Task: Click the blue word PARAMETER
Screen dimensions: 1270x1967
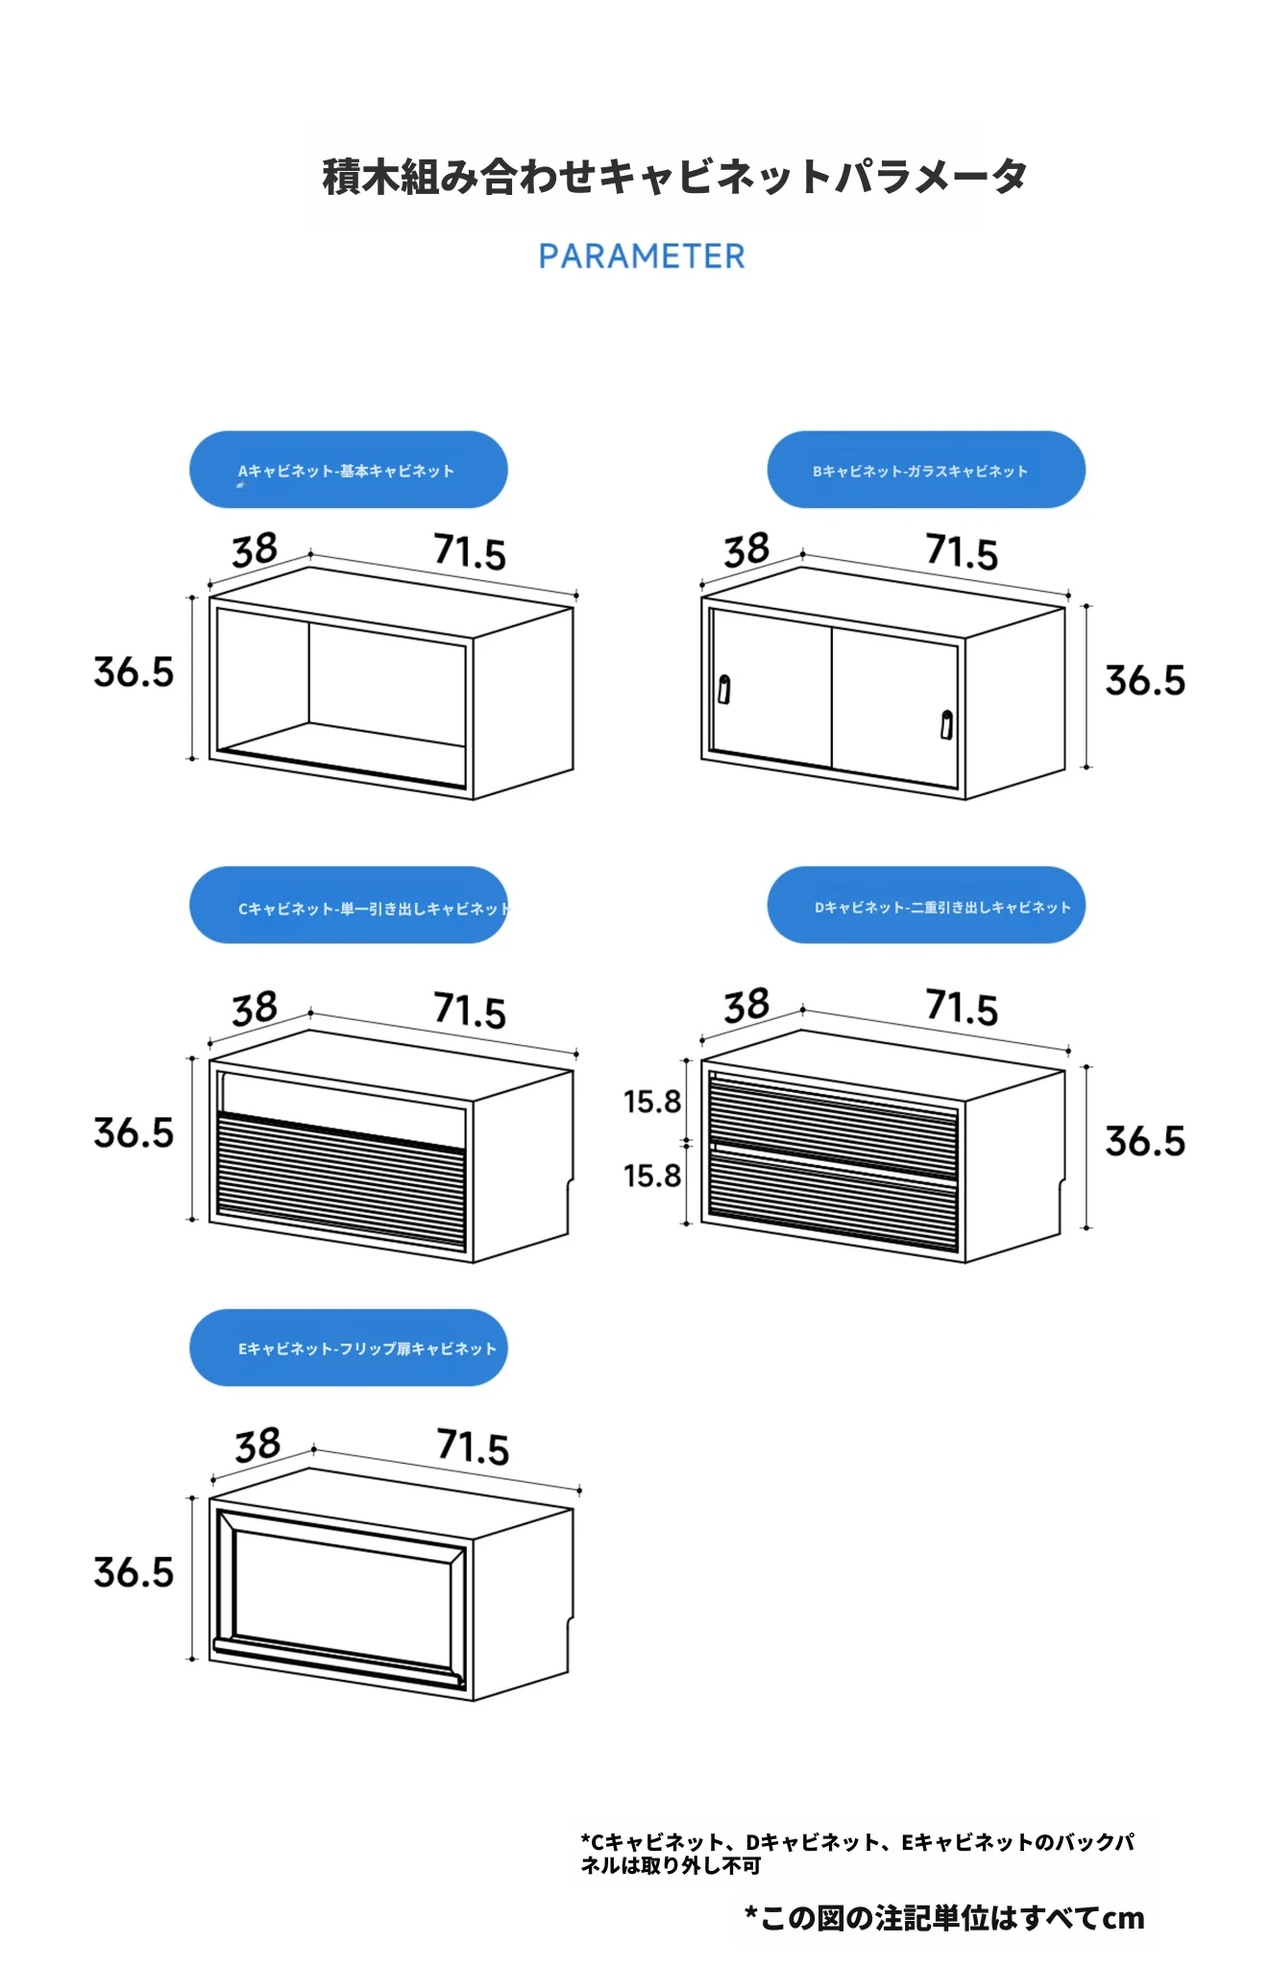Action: coord(641,256)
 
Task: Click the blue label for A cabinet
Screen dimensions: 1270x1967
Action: coord(348,470)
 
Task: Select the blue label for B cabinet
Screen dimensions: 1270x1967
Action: coord(926,470)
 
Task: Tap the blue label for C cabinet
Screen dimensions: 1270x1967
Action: coord(348,906)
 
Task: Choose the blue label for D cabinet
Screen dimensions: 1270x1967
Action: coord(926,906)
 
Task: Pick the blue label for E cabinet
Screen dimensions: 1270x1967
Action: coord(348,1348)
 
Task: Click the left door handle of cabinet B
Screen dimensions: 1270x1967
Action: coord(724,690)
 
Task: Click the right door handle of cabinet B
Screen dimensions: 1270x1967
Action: coord(947,724)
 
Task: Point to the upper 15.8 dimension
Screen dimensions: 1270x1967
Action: coord(652,1102)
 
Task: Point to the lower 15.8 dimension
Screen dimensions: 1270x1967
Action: coord(652,1176)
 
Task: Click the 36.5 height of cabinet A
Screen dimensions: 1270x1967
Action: coord(134,672)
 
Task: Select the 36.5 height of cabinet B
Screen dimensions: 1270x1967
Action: coord(1145,681)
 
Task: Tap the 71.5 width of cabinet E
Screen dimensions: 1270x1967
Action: coord(473,1446)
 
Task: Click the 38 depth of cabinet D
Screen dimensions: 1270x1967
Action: coord(746,1006)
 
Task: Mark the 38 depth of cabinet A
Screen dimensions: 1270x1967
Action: coord(255,550)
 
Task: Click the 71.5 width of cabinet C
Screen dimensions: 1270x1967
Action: coord(470,1011)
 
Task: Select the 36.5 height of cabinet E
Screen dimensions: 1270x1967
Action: coord(134,1573)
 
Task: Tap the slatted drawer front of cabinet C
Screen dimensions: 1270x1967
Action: coord(341,1181)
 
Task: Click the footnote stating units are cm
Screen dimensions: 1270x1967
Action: coord(944,1918)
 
